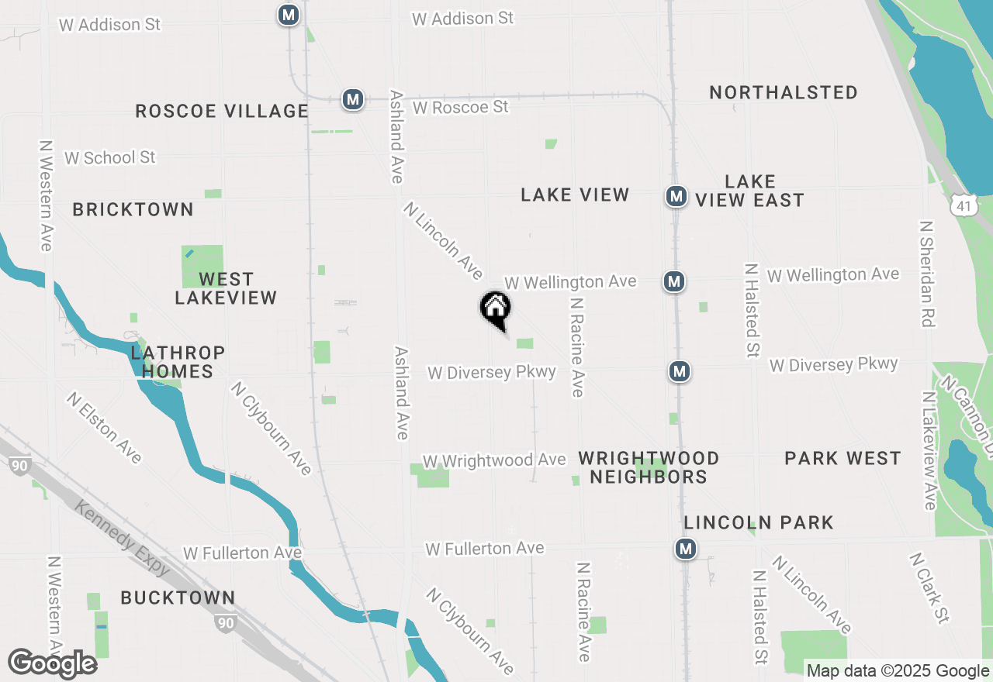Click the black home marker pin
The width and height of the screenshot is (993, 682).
coord(495,308)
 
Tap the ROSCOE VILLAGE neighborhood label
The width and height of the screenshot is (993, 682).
coord(222,111)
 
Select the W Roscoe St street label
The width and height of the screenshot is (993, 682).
coord(460,107)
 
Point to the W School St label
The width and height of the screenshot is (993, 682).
coord(110,157)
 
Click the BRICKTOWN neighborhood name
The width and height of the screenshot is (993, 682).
coord(133,209)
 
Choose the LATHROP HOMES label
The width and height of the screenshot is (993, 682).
coord(178,362)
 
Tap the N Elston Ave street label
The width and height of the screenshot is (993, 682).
coord(104,427)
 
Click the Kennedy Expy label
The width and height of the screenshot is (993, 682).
coord(123,536)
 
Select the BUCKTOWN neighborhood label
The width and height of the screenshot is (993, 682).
coord(178,598)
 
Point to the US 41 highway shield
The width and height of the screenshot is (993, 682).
coord(963,205)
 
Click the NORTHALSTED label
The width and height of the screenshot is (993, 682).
coord(784,92)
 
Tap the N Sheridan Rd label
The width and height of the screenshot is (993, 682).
coord(926,273)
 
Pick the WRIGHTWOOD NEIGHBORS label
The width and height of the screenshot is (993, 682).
coord(649,467)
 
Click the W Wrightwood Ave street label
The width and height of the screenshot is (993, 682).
coord(494,460)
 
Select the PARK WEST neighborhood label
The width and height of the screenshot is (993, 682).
coord(842,458)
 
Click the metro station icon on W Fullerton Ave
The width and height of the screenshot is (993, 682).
coord(685,549)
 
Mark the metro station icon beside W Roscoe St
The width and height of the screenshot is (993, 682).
coord(353,99)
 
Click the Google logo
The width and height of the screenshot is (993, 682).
coord(52,663)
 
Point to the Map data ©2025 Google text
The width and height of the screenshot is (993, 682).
coord(897,671)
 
